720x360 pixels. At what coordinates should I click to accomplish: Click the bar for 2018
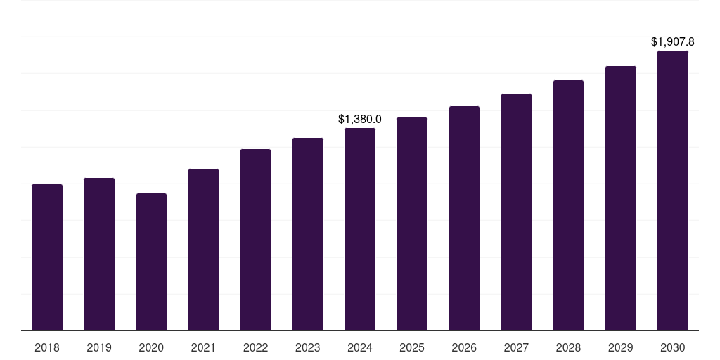click(x=47, y=257)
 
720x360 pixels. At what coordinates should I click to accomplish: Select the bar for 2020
click(x=151, y=262)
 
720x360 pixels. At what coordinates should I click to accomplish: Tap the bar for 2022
click(x=255, y=240)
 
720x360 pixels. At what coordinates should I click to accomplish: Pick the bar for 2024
click(x=360, y=229)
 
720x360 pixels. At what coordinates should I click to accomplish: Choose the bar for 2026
click(x=464, y=218)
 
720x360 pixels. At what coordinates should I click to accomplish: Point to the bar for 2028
click(x=568, y=205)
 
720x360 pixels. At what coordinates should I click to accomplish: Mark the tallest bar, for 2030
click(x=673, y=191)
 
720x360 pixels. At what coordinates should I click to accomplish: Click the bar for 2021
click(x=203, y=250)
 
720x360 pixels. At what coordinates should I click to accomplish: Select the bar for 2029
click(x=621, y=198)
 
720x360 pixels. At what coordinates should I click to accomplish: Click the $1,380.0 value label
click(x=360, y=120)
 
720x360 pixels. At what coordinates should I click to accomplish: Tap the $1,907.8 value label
click(x=673, y=42)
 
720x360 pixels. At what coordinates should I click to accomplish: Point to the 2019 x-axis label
click(x=99, y=347)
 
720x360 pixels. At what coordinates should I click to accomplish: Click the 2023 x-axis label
click(x=308, y=347)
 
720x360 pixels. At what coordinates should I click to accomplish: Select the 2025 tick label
click(x=412, y=347)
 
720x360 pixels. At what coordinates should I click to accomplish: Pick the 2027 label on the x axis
click(x=516, y=347)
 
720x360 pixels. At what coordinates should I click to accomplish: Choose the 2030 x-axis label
click(x=673, y=347)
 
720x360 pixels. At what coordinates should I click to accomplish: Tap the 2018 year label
click(x=47, y=347)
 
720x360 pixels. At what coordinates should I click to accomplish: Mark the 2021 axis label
click(x=203, y=347)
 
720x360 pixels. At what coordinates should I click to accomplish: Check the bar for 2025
click(x=412, y=224)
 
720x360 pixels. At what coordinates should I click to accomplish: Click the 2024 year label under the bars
click(x=360, y=347)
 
